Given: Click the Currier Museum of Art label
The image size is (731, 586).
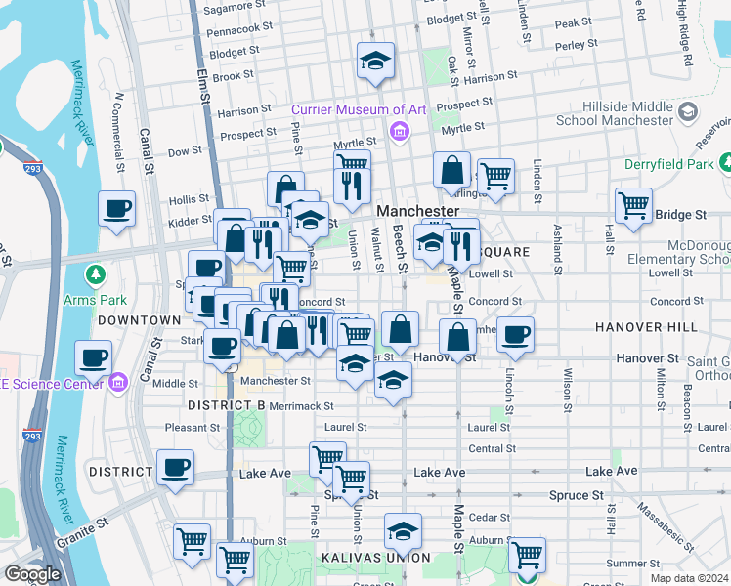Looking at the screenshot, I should pyautogui.click(x=358, y=110).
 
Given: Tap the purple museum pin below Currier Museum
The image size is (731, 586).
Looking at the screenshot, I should pyautogui.click(x=399, y=131).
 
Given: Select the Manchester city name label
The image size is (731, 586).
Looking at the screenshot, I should pyautogui.click(x=417, y=211).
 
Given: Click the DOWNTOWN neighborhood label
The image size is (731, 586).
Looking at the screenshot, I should pyautogui.click(x=139, y=320).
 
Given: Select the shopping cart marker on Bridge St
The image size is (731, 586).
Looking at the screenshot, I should pyautogui.click(x=633, y=206).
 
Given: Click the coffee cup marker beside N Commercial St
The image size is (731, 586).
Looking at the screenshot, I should pyautogui.click(x=116, y=209).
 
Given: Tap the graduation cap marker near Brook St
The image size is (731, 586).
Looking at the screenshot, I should pyautogui.click(x=375, y=62).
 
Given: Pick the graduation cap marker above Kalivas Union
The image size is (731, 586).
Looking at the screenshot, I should pyautogui.click(x=402, y=532).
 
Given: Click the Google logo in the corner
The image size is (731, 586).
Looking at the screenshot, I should pyautogui.click(x=32, y=574).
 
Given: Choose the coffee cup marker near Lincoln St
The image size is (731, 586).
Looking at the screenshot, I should pyautogui.click(x=515, y=334).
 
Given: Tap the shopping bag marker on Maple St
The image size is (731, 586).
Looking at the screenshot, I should pyautogui.click(x=457, y=337).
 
